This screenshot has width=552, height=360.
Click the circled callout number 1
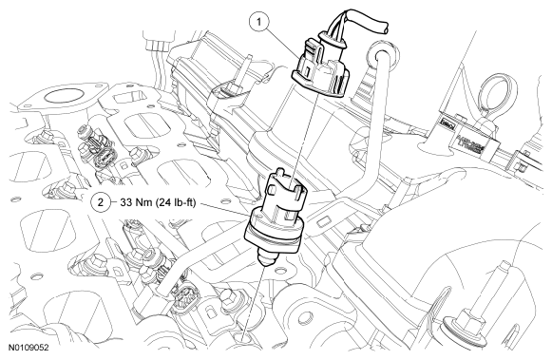click(x=259, y=23)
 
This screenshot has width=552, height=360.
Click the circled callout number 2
click(x=101, y=202)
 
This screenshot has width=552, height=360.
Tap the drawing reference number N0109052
click(x=29, y=348)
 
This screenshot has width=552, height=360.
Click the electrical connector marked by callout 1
click(x=320, y=66)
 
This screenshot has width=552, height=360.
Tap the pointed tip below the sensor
click(x=264, y=260)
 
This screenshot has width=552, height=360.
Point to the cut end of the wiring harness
click(x=385, y=28)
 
